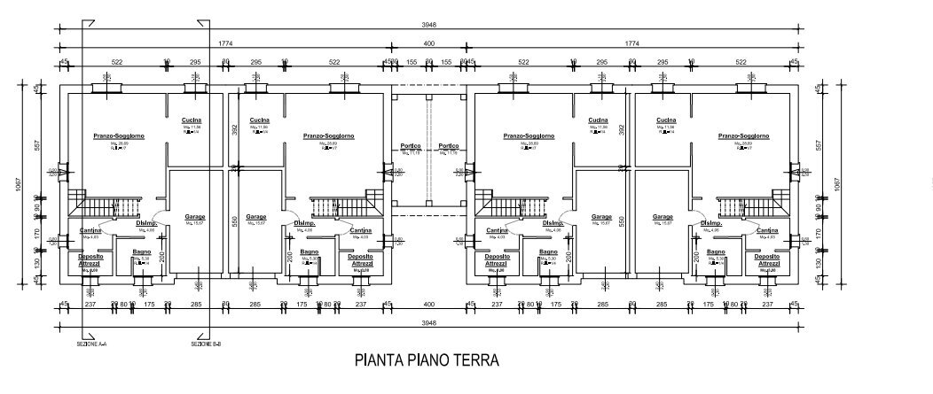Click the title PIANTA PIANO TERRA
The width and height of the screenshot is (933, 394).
[427, 360]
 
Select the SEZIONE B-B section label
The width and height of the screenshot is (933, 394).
[207, 344]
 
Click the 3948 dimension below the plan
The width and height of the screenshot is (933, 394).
[429, 322]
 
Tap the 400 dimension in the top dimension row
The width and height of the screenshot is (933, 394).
[429, 42]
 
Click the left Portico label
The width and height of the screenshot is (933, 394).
[410, 146]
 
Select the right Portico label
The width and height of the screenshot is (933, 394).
[448, 146]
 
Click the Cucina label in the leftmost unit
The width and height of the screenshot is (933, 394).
[192, 120]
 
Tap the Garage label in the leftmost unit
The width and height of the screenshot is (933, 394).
[194, 217]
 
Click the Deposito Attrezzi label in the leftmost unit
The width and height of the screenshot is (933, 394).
[88, 259]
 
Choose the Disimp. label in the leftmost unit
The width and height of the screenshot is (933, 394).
[146, 223]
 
